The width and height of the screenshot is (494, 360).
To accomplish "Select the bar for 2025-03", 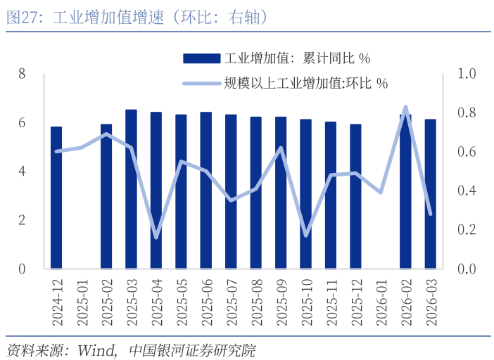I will [x=131, y=189].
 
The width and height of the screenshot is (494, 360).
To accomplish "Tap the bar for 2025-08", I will [x=255, y=193].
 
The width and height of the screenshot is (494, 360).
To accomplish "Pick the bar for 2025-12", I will [x=355, y=196].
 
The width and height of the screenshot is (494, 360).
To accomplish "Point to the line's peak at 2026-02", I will [x=405, y=107].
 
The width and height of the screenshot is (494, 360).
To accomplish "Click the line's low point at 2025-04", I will [x=156, y=237].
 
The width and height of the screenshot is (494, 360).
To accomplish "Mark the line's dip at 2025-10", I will [x=305, y=235].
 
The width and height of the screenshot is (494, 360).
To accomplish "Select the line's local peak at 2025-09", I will [x=281, y=148].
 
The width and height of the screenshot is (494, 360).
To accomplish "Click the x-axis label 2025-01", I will [x=82, y=302].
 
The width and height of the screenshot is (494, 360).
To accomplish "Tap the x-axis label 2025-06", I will [x=206, y=302].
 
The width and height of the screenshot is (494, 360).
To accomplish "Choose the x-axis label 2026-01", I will [x=381, y=302].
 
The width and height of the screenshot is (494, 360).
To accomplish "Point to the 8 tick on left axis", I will [x=22, y=74].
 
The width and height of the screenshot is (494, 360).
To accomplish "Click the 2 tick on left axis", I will [x=22, y=220].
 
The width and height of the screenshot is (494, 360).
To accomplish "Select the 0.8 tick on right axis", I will [x=467, y=112].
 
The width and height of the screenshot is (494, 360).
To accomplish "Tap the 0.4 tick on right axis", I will [x=467, y=191].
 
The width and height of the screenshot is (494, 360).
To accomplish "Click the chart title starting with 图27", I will [x=137, y=18].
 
